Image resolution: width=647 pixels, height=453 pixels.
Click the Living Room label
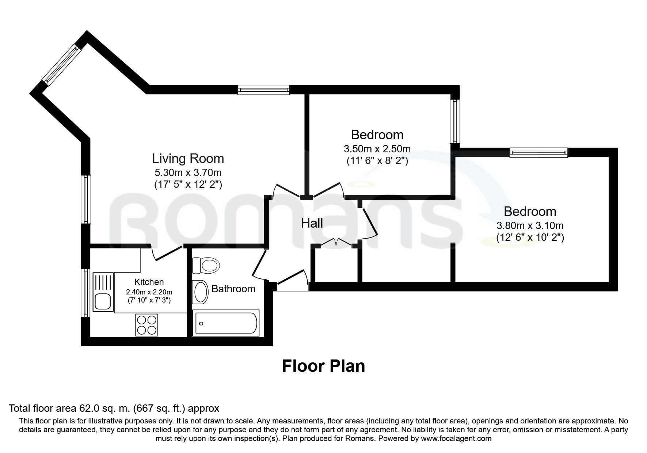pos(188,159)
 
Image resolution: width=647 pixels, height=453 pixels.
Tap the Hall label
pos(312,223)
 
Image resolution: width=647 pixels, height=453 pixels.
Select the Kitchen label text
pos(149,282)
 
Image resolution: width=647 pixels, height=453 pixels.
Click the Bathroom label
pos(233,289)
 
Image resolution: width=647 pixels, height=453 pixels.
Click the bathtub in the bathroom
pos(226,323)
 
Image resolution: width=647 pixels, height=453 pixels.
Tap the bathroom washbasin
pos(200,292)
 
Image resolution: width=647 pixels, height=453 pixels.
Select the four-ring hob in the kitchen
pos(146,325)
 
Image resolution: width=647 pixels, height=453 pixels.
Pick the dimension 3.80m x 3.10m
pos(530,225)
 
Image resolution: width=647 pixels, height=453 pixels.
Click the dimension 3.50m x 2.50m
pos(377,149)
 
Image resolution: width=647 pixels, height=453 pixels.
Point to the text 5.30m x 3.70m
pos(188,172)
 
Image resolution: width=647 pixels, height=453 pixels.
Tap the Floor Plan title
pos(323,366)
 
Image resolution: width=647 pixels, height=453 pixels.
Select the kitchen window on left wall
pos(85,293)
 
